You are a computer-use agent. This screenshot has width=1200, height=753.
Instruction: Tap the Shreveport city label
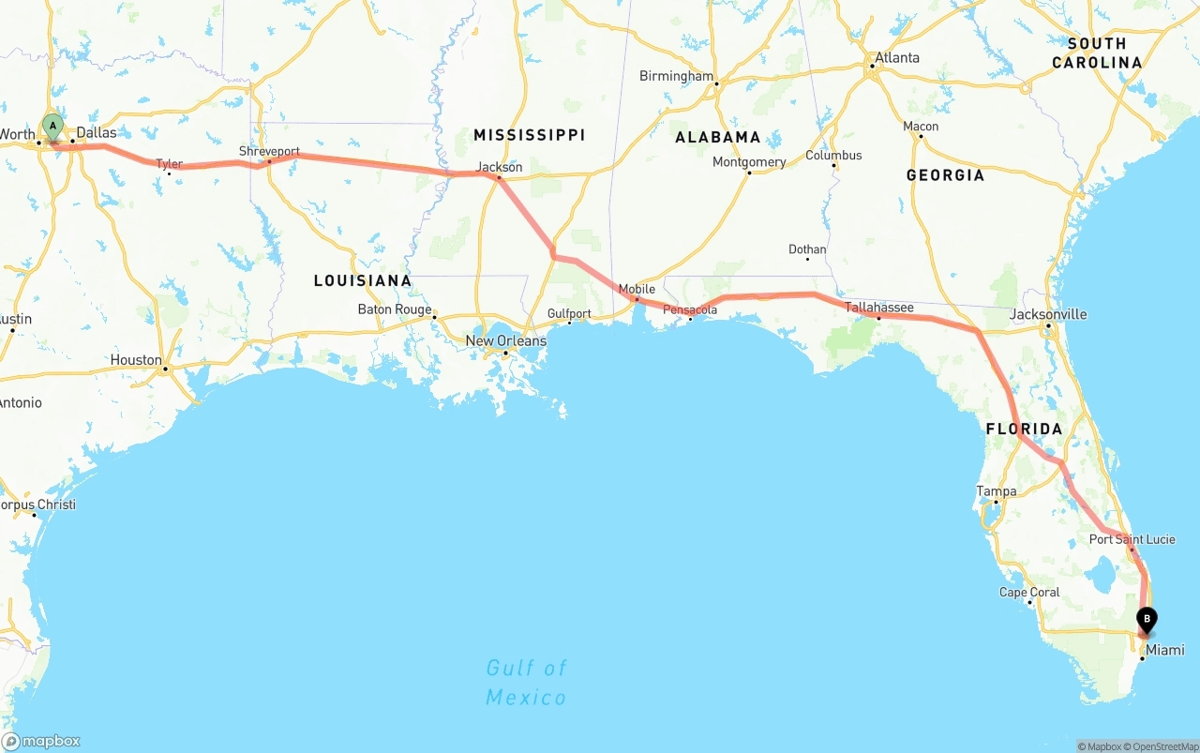tap(269, 151)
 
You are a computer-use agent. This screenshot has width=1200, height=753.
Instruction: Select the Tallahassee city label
tap(878, 307)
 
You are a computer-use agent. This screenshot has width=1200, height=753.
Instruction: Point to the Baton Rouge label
tap(395, 309)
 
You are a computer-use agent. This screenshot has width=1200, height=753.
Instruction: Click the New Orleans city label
tap(505, 340)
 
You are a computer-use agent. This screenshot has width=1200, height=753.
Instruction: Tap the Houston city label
tap(136, 360)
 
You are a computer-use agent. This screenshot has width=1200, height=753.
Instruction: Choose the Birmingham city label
tap(676, 76)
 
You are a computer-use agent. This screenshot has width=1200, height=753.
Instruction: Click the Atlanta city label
tap(896, 57)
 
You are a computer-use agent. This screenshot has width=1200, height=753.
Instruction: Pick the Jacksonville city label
tap(1048, 314)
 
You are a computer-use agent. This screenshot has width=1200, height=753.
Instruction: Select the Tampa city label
tap(996, 490)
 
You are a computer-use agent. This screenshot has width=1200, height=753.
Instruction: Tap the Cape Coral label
tap(1029, 592)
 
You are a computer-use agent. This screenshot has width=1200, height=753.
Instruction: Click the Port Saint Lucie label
tap(1132, 539)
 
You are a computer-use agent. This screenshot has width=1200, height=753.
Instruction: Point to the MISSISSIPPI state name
tap(529, 135)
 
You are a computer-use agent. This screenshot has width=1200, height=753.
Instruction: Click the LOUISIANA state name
tap(362, 280)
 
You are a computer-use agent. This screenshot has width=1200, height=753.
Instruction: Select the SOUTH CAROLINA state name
tap(1097, 53)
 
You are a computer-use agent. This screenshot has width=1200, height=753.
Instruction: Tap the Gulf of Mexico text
tap(526, 683)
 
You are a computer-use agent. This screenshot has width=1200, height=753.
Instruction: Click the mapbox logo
tap(41, 741)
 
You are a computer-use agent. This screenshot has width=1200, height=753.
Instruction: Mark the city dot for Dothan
tap(807, 258)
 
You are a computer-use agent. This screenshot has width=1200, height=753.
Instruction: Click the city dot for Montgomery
tap(749, 173)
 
